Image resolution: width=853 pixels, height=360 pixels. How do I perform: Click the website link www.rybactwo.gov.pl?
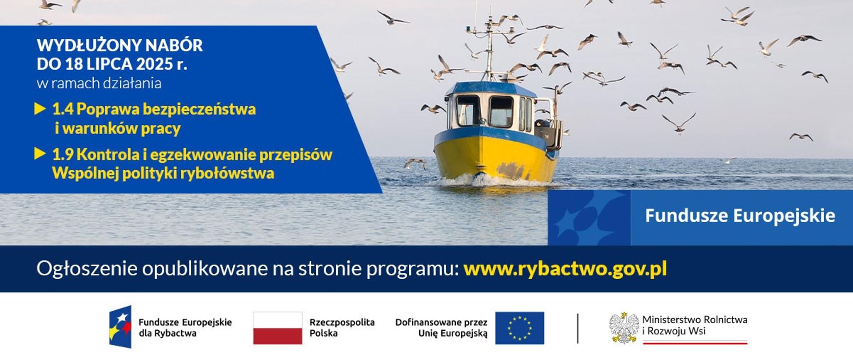click(x=565, y=269)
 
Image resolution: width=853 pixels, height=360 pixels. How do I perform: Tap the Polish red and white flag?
click(x=278, y=328)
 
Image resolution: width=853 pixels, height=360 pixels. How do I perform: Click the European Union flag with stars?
click(x=520, y=328)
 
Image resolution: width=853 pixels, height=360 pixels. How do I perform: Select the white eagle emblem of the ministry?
click(x=624, y=328)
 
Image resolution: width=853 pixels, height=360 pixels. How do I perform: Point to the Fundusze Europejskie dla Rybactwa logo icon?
click(x=120, y=327)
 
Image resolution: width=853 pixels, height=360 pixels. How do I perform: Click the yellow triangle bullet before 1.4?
click(x=40, y=109)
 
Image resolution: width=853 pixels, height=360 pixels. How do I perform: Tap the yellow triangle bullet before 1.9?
click(x=40, y=154)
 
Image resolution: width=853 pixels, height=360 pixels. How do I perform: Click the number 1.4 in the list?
click(x=63, y=109)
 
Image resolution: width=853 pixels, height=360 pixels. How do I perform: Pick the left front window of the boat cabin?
click(x=468, y=110)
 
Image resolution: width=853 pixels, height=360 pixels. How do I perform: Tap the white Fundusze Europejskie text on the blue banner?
click(x=740, y=216)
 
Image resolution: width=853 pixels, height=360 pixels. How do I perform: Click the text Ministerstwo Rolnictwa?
click(x=695, y=320)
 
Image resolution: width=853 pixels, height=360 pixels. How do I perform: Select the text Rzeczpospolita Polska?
click(x=342, y=328)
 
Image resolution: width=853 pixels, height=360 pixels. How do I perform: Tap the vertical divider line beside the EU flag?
click(x=578, y=328)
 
